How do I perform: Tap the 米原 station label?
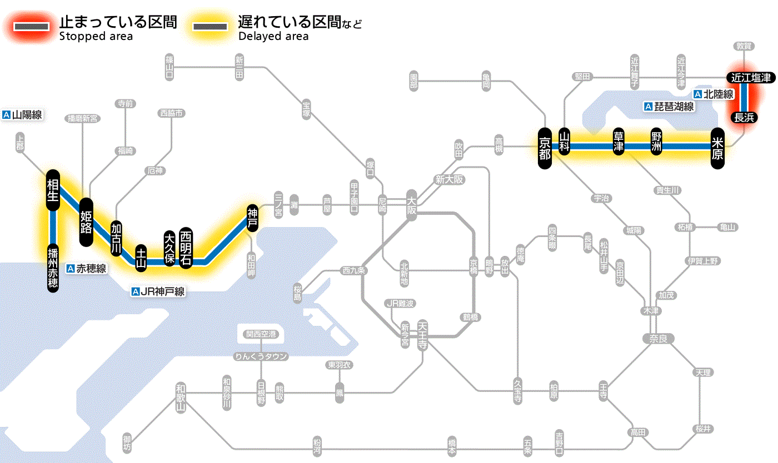pyautogui.click(x=717, y=148)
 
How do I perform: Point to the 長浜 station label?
pyautogui.click(x=744, y=117)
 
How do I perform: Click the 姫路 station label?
pyautogui.click(x=86, y=222)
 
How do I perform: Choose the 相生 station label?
pyautogui.click(x=53, y=190)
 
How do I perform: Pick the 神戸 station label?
pyautogui.click(x=252, y=218)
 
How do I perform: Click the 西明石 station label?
pyautogui.click(x=186, y=248)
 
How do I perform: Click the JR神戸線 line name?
pyautogui.click(x=158, y=291)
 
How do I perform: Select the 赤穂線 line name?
pyautogui.click(x=86, y=269)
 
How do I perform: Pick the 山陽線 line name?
pyautogui.click(x=23, y=115)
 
